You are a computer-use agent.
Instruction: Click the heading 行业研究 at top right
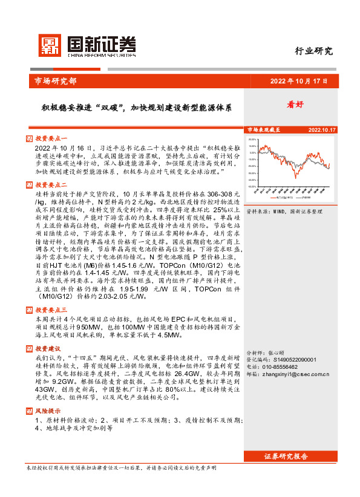pyautogui.click(x=313, y=51)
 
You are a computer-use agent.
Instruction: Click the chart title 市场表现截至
pyautogui.click(x=263, y=130)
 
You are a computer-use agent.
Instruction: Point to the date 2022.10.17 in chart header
pyautogui.click(x=322, y=130)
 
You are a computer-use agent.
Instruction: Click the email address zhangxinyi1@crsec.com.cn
pyautogui.click(x=295, y=374)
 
